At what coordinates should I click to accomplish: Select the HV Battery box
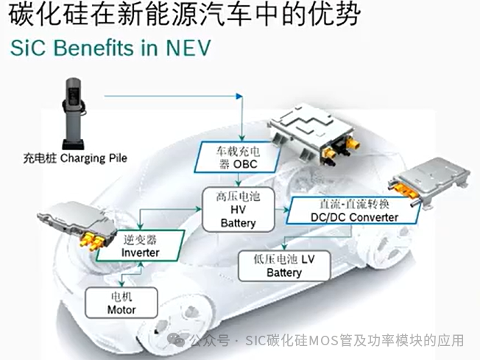coord(238,208)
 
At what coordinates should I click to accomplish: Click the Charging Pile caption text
coord(73,158)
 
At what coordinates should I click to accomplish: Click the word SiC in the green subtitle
coord(27,49)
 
